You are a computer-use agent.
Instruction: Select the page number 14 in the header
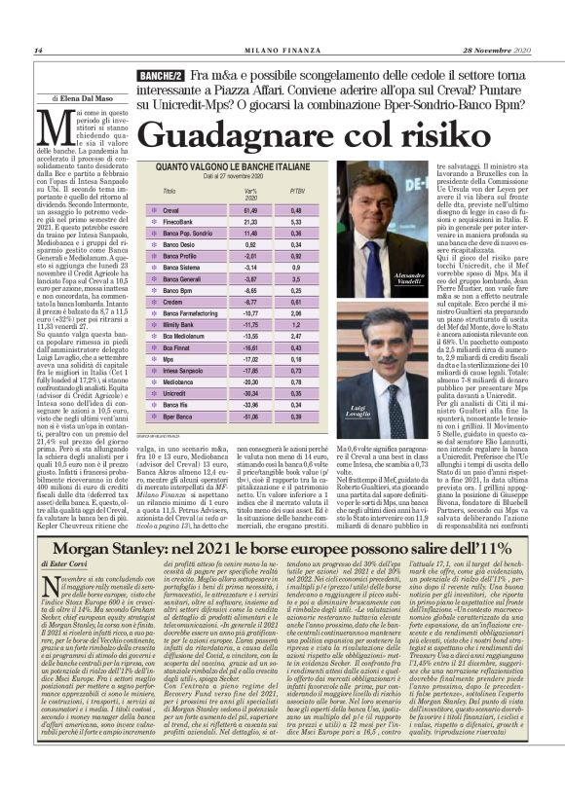[38, 51]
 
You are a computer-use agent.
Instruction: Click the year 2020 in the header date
[517, 51]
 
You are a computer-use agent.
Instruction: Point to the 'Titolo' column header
[170, 190]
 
